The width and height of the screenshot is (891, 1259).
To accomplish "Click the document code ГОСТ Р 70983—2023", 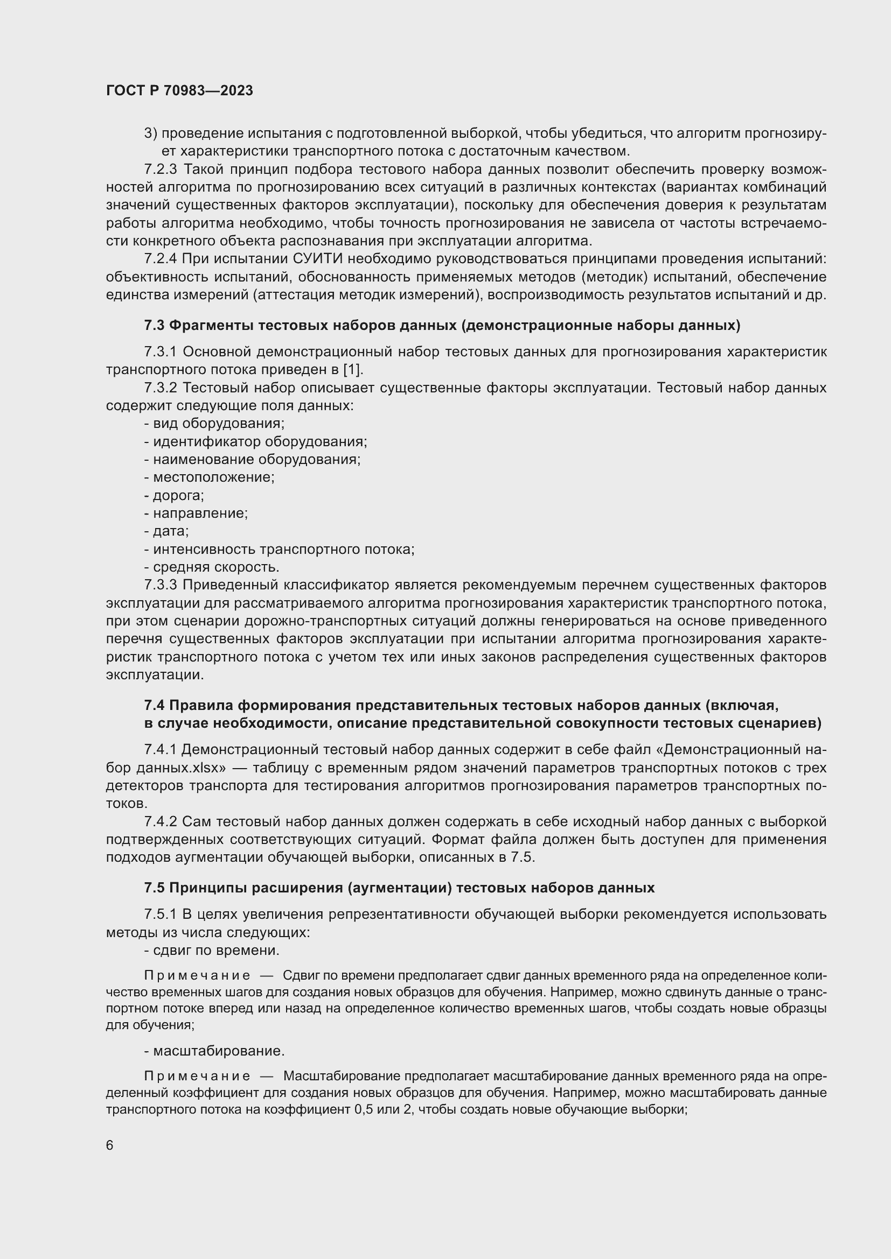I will coord(179,91).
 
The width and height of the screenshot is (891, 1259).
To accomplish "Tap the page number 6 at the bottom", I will coord(110,1145).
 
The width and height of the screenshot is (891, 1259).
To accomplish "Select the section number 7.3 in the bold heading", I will coord(154,325).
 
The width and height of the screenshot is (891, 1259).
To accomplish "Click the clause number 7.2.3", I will coord(160,170).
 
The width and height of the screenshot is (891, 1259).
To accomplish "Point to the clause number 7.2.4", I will coord(160,259).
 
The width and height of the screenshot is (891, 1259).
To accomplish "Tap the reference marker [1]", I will coord(353,370).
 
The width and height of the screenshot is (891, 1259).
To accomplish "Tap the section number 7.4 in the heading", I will coord(154,705).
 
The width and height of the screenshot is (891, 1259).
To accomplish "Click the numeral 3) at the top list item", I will coord(150,134).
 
